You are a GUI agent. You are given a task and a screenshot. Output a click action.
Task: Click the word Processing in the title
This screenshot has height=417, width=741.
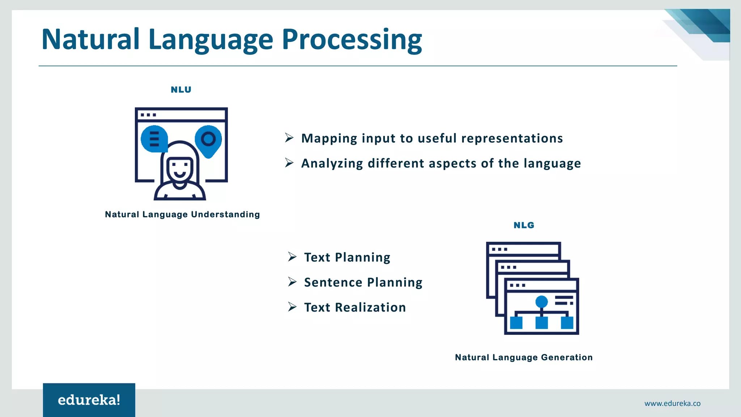coord(352,40)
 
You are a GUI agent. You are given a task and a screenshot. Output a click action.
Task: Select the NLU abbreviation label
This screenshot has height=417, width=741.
coord(181,90)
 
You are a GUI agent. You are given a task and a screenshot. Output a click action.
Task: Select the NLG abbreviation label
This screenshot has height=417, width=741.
coord(524,225)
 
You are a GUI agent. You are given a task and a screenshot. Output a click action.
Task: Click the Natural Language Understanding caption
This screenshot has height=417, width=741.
coord(182,214)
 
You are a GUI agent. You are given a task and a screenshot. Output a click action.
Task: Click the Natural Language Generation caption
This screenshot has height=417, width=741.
coord(524,357)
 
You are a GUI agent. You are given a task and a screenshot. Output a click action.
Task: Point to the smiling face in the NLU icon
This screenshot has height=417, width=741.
coord(179,170)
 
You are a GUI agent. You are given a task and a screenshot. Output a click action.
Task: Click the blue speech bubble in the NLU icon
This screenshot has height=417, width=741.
coord(154,139)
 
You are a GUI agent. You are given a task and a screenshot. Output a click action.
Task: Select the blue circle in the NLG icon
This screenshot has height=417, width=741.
coord(541,302)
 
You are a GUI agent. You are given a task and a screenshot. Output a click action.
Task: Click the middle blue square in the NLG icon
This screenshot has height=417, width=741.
coord(541,322)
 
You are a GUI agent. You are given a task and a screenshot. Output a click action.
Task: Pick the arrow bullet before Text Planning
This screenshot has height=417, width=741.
coord(292,257)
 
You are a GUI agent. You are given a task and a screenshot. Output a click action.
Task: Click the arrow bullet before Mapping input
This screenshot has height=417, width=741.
coord(289,138)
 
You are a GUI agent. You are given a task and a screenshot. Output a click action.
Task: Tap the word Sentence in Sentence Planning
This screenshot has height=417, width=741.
coord(333,282)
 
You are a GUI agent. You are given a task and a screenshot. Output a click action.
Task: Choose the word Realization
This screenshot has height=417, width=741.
coord(370,307)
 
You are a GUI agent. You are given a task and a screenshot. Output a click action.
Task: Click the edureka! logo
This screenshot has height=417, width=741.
coord(89,400)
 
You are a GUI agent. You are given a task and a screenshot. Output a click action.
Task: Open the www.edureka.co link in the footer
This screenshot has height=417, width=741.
coord(672,403)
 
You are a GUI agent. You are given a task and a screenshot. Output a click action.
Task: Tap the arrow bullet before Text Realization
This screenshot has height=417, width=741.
coord(292,307)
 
